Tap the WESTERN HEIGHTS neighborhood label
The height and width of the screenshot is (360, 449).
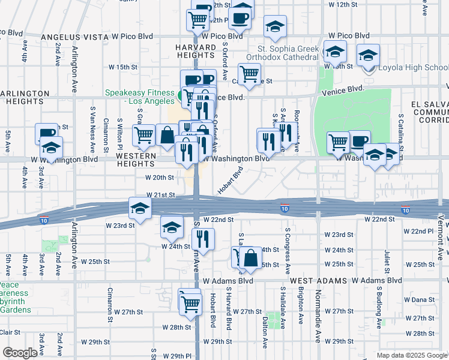tap(136, 159)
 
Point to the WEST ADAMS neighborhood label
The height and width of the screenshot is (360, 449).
tap(317, 280)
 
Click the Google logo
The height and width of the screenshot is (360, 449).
tap(20, 353)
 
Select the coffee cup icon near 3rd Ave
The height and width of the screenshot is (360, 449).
tap(46, 133)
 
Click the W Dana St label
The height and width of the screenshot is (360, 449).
tap(419, 299)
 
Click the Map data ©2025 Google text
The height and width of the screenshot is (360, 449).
tap(411, 355)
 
